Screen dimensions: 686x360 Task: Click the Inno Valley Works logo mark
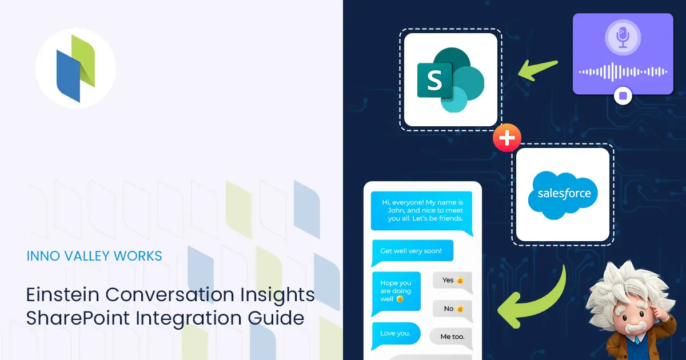pyautogui.click(x=75, y=68)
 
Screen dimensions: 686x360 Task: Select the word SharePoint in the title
pyautogui.click(x=78, y=318)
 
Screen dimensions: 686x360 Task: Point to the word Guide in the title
pyautogui.click(x=276, y=318)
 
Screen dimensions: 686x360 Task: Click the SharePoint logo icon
pyautogui.click(x=450, y=80)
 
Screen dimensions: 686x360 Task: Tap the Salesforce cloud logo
pyautogui.click(x=563, y=195)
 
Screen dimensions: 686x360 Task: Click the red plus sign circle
pyautogui.click(x=507, y=138)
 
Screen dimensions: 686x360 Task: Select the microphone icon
pyautogui.click(x=623, y=37)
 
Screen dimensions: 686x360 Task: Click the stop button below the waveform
pyautogui.click(x=623, y=96)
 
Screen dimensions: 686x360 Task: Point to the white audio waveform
pyautogui.click(x=623, y=72)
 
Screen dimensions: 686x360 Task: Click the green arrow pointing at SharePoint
pyautogui.click(x=537, y=70)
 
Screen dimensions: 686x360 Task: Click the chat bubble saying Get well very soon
pyautogui.click(x=412, y=251)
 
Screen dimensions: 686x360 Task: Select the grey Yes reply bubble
pyautogui.click(x=452, y=281)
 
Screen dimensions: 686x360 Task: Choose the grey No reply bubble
pyautogui.click(x=452, y=310)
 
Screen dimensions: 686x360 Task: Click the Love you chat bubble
pyautogui.click(x=396, y=334)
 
